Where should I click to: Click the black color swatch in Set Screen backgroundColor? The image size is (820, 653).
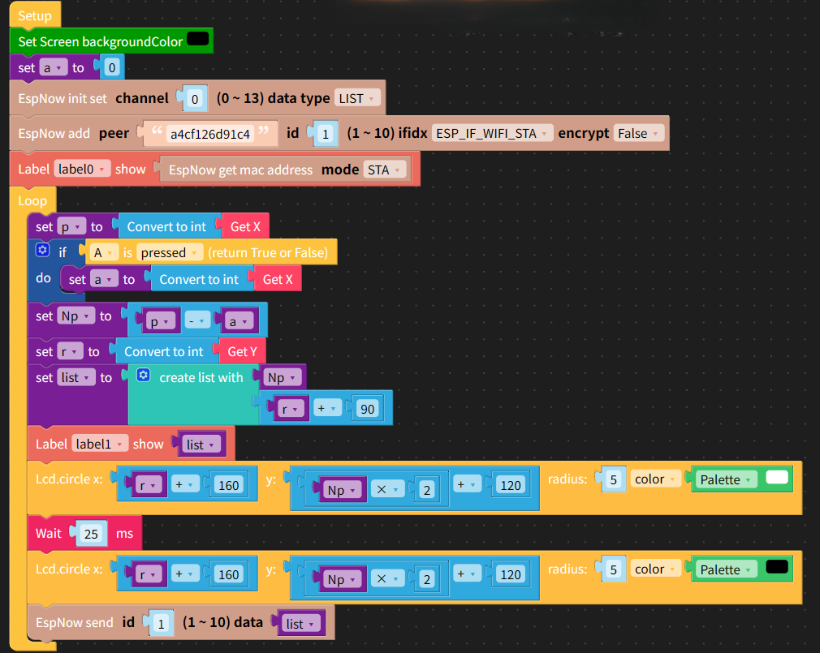197,39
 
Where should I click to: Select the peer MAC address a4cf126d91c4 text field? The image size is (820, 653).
210,134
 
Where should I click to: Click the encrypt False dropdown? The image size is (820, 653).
638,133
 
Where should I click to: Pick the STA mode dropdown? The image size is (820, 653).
384,170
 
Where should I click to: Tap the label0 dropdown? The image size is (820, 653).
82,169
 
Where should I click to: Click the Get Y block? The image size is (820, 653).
242,351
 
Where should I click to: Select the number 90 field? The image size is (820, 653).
367,409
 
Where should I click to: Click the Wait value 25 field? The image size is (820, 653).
92,534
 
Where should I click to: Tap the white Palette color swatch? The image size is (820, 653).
777,477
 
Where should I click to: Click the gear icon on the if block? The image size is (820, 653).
42,250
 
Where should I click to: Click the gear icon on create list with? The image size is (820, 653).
143,375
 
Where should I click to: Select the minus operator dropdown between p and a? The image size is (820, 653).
196,320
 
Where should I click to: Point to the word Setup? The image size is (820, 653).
35,15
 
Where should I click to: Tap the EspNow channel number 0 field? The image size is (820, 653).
195,99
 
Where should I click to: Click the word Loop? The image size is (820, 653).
32,200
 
